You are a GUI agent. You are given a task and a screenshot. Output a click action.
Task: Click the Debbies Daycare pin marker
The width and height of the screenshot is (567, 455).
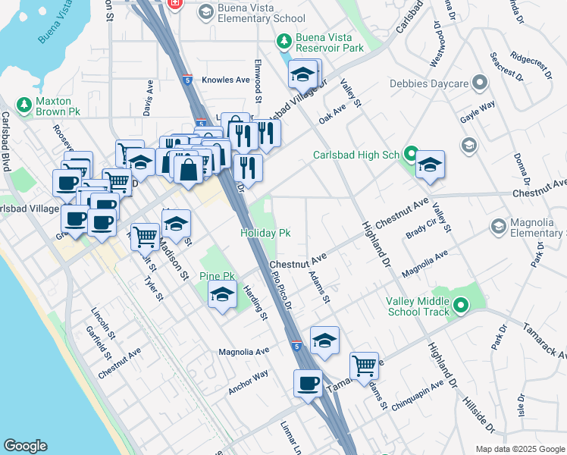pyautogui.click(x=479, y=83)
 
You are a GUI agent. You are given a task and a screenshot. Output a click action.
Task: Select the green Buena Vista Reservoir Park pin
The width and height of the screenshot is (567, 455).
pyautogui.click(x=284, y=41)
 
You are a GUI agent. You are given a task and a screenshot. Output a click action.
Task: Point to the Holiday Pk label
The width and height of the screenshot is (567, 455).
pyautogui.click(x=266, y=233)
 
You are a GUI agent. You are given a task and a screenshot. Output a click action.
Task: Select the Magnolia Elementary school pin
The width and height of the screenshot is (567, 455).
pyautogui.click(x=499, y=226)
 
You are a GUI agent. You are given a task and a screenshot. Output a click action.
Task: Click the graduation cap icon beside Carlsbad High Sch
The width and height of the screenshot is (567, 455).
pyautogui.click(x=430, y=166)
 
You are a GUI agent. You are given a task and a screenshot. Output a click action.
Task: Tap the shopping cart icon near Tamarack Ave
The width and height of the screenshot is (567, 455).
pyautogui.click(x=365, y=366)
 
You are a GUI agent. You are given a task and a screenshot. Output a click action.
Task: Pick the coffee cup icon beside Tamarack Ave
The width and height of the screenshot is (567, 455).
pyautogui.click(x=309, y=384)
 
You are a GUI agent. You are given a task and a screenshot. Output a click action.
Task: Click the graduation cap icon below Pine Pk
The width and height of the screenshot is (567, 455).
pyautogui.click(x=222, y=296)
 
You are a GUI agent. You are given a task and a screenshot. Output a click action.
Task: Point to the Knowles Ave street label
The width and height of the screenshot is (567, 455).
pyautogui.click(x=231, y=80)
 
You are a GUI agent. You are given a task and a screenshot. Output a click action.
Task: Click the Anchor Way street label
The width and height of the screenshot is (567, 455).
pyautogui.click(x=249, y=383)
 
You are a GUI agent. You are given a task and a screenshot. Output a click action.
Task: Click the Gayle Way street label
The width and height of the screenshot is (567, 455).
pyautogui.click(x=478, y=111)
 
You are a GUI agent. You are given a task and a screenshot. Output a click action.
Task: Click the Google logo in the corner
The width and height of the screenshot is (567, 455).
pyautogui.click(x=26, y=446)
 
